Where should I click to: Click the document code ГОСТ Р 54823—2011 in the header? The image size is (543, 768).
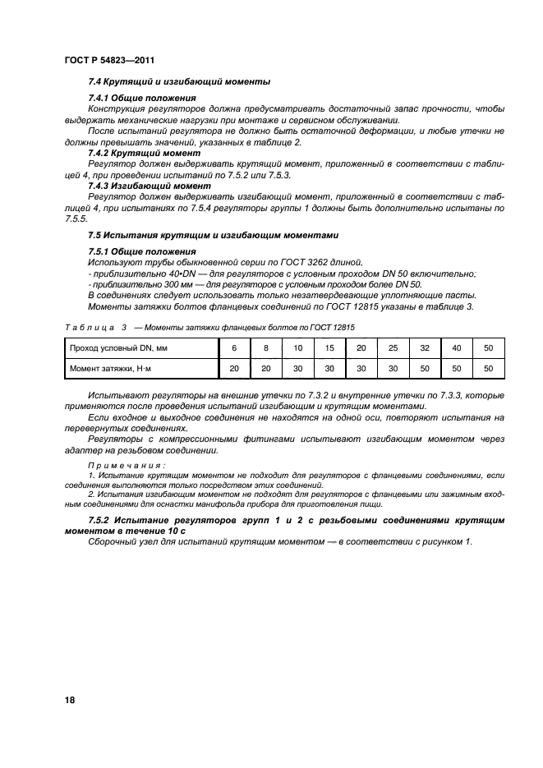click(x=109, y=59)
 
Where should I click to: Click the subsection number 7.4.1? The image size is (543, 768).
click(x=102, y=99)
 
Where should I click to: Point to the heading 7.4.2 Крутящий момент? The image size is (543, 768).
click(x=144, y=153)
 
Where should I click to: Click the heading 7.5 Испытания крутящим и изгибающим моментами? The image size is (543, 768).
click(x=213, y=235)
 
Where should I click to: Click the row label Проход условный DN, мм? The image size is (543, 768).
click(x=118, y=347)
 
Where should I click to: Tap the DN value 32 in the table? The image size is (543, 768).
click(x=425, y=347)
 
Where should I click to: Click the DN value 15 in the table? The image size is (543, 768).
click(x=329, y=347)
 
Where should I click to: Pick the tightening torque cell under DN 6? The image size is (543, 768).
click(x=234, y=368)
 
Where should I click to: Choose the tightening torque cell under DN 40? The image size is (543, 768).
click(x=457, y=368)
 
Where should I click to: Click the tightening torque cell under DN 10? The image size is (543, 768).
click(x=297, y=368)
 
